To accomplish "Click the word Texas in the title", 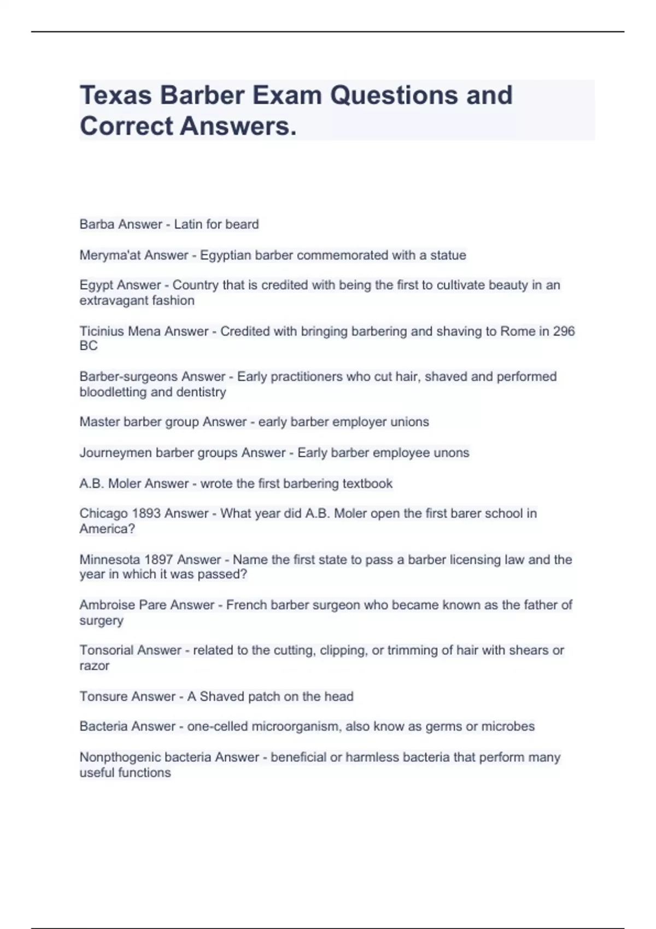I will pyautogui.click(x=116, y=95).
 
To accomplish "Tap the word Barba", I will pyautogui.click(x=96, y=224).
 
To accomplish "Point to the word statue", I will pyautogui.click(x=448, y=255).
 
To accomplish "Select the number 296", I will pyautogui.click(x=564, y=331).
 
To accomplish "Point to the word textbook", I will pyautogui.click(x=367, y=484).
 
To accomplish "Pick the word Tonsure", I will pyautogui.click(x=101, y=696).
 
